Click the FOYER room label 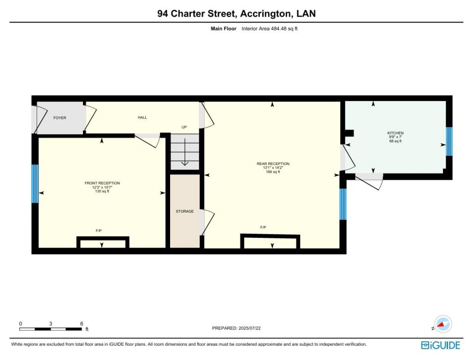pyautogui.click(x=59, y=118)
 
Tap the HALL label pyautogui.click(x=142, y=118)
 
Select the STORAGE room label pyautogui.click(x=184, y=211)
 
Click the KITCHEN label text pyautogui.click(x=395, y=133)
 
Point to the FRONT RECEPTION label pyautogui.click(x=102, y=183)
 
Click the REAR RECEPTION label pyautogui.click(x=273, y=164)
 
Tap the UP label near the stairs pyautogui.click(x=184, y=127)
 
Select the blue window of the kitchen pyautogui.click(x=449, y=142)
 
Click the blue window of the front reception pyautogui.click(x=35, y=183)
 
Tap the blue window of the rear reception pyautogui.click(x=342, y=204)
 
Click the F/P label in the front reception pyautogui.click(x=98, y=230)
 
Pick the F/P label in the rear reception pyautogui.click(x=263, y=227)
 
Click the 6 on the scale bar pyautogui.click(x=82, y=324)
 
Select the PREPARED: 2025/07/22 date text pyautogui.click(x=239, y=328)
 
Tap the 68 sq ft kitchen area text pyautogui.click(x=395, y=141)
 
